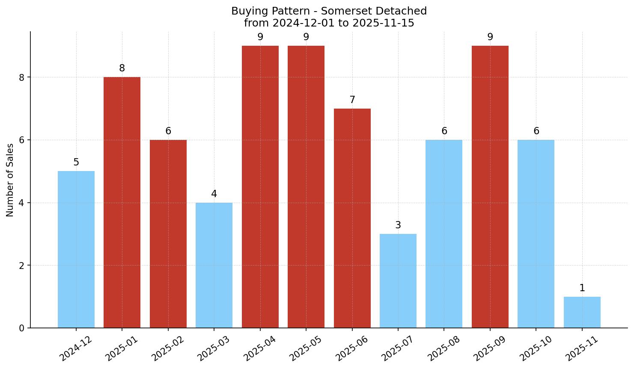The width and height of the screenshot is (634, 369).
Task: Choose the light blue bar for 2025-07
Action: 398,281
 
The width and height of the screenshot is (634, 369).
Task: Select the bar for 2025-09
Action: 490,187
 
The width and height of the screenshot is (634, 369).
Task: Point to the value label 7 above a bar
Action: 352,100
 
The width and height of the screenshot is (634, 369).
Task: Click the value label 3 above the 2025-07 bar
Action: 398,225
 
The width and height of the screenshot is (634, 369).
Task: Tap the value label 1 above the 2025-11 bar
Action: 582,288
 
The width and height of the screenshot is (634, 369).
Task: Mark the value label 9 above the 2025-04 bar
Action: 260,37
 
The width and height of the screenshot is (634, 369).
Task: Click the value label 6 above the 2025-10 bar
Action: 536,131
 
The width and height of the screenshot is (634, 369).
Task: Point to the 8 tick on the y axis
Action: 22,77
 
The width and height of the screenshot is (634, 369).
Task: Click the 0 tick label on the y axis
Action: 22,328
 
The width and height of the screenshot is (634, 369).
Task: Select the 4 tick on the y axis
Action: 22,203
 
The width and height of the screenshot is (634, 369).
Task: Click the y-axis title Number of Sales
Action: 10,180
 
